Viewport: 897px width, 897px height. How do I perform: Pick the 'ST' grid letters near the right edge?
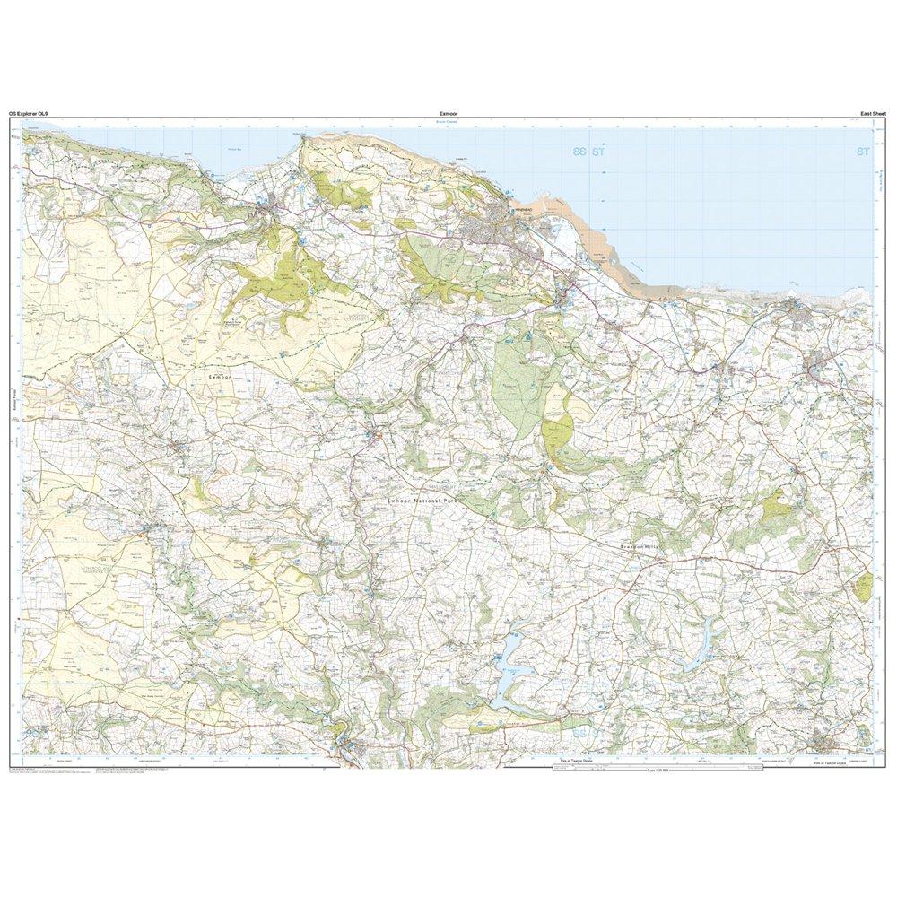point(863,153)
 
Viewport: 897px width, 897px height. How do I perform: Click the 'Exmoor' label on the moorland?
point(220,379)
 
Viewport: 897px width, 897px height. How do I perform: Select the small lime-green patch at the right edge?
point(864,588)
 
